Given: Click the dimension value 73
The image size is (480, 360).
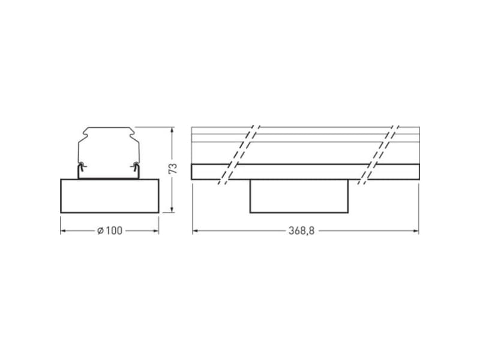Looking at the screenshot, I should [x=173, y=168].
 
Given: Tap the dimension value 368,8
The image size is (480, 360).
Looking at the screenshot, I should [x=302, y=231].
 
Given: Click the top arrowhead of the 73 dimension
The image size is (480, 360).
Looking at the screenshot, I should [x=173, y=130].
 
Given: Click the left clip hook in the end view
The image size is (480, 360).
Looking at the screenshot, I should [x=81, y=166].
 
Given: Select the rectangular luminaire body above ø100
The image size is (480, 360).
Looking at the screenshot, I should [x=109, y=195].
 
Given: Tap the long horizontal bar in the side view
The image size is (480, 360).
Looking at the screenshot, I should [x=305, y=172].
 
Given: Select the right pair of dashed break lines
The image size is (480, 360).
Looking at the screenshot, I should [x=378, y=154].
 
